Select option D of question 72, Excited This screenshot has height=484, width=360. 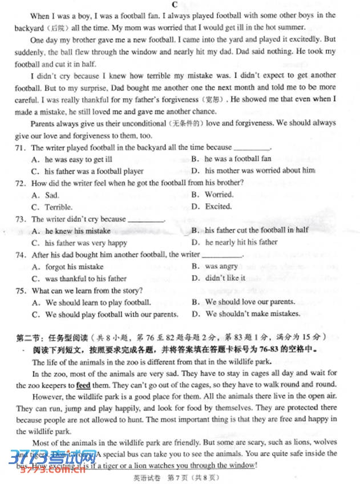pyautogui.click(x=218, y=207)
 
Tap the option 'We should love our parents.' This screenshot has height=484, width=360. pyautogui.click(x=250, y=302)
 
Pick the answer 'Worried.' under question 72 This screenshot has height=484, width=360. pyautogui.click(x=219, y=195)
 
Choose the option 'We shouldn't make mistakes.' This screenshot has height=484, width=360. pyautogui.click(x=253, y=314)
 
